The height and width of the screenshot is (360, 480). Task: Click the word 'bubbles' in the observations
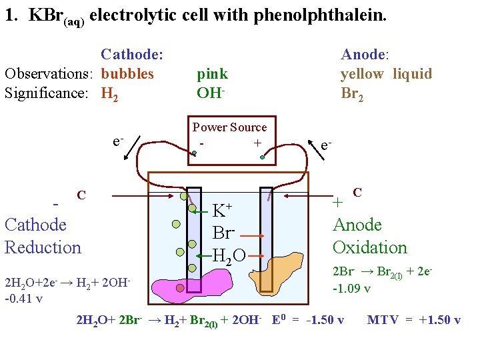[127, 73]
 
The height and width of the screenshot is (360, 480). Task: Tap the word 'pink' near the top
[212, 73]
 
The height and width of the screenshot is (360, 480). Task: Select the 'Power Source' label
[229, 127]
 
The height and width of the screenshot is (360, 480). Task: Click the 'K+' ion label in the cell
[223, 211]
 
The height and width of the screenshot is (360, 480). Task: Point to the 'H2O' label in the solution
[229, 254]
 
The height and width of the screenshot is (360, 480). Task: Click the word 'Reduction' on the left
[43, 247]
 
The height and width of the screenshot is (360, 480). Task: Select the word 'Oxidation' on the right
[369, 247]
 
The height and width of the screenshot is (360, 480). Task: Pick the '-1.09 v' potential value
[352, 289]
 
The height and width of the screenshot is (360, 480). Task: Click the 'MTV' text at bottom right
[383, 320]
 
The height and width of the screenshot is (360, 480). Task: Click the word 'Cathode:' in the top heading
[132, 55]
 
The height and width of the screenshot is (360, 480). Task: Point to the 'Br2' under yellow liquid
[352, 93]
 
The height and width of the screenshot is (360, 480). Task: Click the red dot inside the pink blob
[180, 288]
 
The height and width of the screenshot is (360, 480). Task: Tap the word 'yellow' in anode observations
[362, 73]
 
